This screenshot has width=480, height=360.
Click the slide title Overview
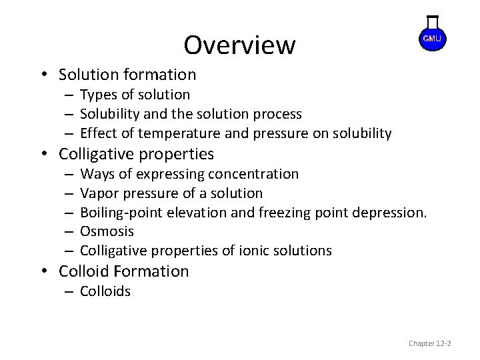(239, 45)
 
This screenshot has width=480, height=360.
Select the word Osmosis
(107, 231)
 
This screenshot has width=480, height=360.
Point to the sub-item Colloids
(105, 291)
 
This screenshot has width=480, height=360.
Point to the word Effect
(98, 133)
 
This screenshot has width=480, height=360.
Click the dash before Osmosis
(69, 231)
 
